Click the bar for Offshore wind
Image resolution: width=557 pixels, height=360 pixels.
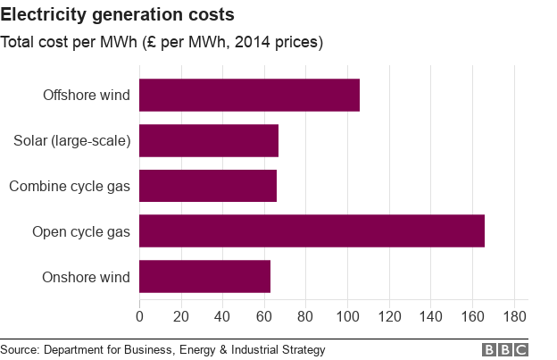[x=249, y=96]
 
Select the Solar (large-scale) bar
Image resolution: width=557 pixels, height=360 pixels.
[x=209, y=141]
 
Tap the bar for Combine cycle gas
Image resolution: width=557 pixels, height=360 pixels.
[x=208, y=186]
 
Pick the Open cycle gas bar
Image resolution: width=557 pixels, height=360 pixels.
[x=312, y=231]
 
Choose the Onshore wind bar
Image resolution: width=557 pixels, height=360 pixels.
[x=204, y=277]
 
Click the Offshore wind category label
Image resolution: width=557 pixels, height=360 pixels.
[x=86, y=96]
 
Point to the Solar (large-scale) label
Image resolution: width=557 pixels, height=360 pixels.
[x=72, y=141]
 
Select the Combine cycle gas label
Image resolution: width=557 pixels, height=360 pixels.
[x=70, y=187]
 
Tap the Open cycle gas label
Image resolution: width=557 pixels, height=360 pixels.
[x=81, y=232]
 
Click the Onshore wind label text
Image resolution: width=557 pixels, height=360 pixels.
[x=86, y=278]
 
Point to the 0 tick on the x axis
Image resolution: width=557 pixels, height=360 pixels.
[x=139, y=316]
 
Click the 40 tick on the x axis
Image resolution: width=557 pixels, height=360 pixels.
[x=222, y=316]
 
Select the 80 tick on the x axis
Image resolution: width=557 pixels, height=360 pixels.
[x=306, y=316]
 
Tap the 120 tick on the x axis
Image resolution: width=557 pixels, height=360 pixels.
[x=389, y=316]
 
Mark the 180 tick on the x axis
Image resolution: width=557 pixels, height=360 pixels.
[x=514, y=316]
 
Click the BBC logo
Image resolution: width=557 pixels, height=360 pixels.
[x=505, y=350]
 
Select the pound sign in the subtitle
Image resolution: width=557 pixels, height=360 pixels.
[x=149, y=42]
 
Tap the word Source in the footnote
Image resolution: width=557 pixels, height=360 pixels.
[x=21, y=350]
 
